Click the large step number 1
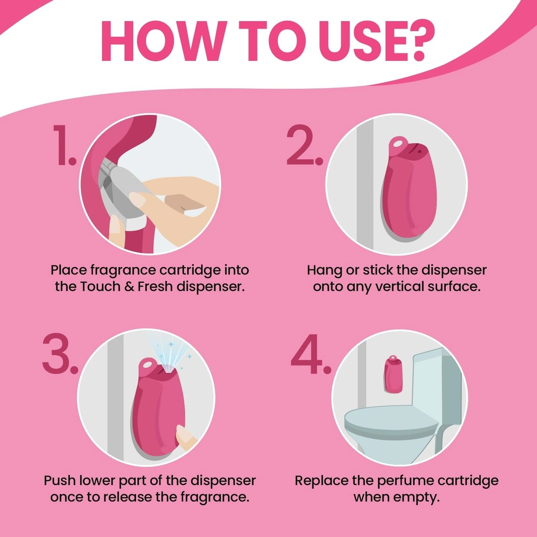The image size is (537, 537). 64,145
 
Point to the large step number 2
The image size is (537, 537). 305,145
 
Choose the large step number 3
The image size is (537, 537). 60,354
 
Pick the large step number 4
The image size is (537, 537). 311,354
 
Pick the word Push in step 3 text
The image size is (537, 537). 60,481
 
